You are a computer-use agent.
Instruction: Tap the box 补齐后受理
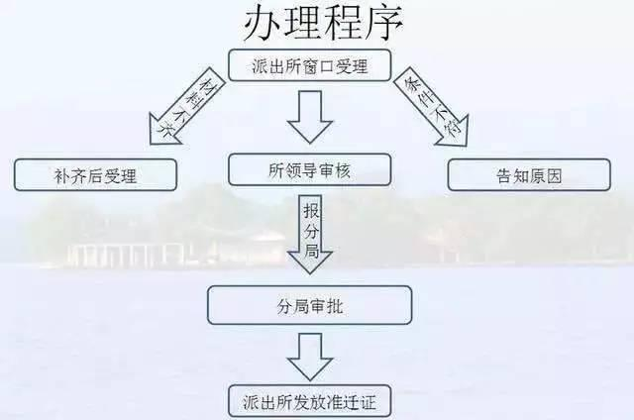[95, 175]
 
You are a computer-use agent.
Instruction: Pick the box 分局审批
[309, 305]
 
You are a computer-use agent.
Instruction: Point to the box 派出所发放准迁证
[309, 403]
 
